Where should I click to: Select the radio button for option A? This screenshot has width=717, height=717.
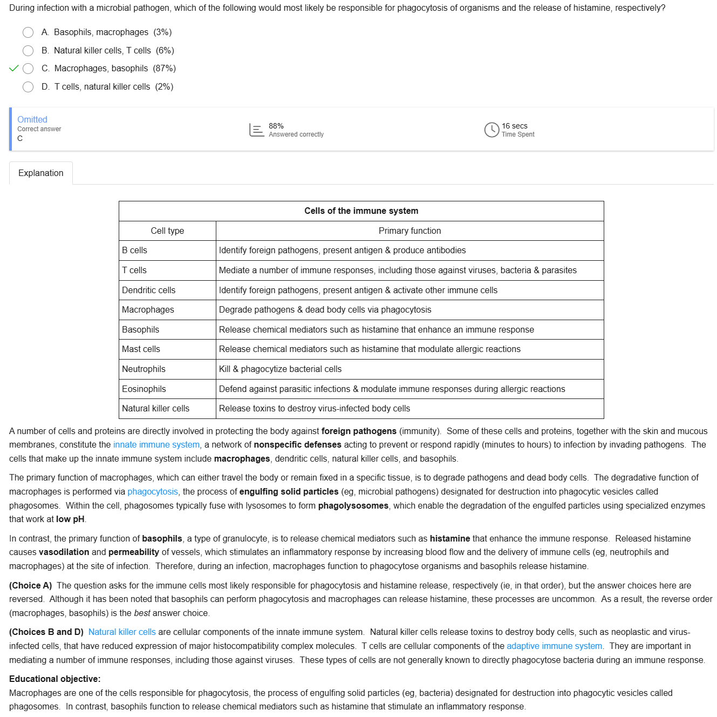[28, 32]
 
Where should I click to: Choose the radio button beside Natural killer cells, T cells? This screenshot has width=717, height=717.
[28, 51]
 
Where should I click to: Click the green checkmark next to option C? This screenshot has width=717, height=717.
[14, 69]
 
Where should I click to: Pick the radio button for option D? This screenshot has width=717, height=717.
[28, 87]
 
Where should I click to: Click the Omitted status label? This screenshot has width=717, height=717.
[32, 119]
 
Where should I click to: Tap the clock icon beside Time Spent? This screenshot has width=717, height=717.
[491, 130]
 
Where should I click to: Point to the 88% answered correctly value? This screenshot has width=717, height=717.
[276, 126]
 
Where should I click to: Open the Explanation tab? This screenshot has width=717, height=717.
[41, 173]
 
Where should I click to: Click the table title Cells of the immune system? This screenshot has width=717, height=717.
[361, 211]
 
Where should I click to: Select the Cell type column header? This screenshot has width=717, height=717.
[167, 231]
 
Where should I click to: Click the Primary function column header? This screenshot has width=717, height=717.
[409, 231]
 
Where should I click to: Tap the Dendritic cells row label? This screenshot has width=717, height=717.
[149, 290]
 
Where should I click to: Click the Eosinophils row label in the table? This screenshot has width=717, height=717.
[144, 389]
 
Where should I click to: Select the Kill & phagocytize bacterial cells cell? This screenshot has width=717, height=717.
[280, 369]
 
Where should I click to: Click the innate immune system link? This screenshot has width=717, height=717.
[156, 445]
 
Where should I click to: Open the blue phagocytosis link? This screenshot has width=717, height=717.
[153, 492]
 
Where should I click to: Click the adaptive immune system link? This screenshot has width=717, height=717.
[554, 646]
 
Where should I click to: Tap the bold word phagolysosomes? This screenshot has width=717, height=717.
[353, 506]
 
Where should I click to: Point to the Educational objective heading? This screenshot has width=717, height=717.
[54, 679]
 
